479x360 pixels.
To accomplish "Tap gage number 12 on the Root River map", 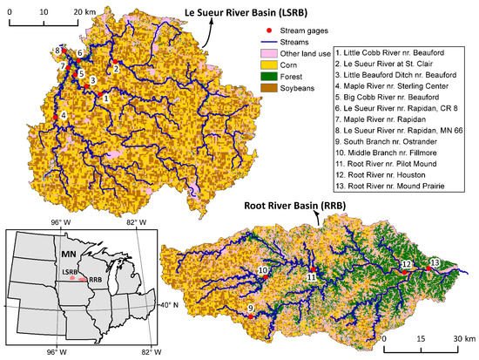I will [406, 264].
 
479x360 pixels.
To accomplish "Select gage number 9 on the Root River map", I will [252, 309].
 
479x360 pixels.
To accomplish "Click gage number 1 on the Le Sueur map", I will [105, 98].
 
